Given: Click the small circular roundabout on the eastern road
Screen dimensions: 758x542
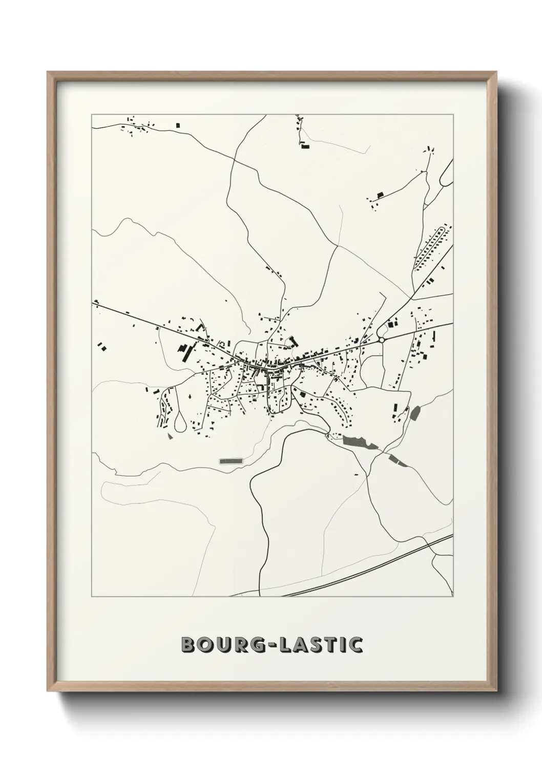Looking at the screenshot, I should click(x=381, y=339).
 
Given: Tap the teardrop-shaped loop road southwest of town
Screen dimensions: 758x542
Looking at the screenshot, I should click(x=180, y=422).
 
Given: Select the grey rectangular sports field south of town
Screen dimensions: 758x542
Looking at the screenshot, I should click(x=231, y=461).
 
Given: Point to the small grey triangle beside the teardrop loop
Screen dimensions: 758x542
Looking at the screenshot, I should click(x=170, y=436).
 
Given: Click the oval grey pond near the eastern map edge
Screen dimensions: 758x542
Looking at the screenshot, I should click(x=415, y=412).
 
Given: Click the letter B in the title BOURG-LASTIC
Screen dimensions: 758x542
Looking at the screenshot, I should click(x=189, y=645).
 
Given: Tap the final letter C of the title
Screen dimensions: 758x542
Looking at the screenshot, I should click(x=356, y=645).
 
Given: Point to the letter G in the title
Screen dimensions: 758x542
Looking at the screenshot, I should click(x=254, y=645).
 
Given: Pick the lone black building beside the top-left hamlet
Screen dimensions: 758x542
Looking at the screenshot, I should click(x=178, y=125).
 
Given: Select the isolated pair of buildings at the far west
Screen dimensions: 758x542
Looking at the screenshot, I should click(x=102, y=347).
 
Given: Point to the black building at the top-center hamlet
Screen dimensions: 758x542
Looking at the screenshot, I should click(x=306, y=146).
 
